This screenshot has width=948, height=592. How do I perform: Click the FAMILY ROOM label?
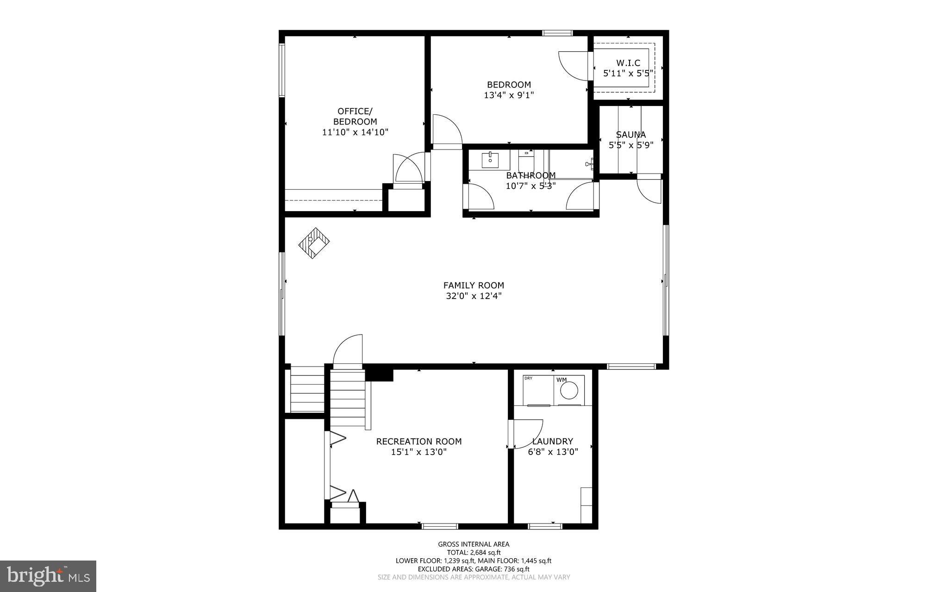(474, 286)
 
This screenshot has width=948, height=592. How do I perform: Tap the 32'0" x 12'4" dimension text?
(474, 296)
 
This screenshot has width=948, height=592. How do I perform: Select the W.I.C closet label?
(628, 63)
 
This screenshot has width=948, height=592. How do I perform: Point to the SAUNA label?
(630, 135)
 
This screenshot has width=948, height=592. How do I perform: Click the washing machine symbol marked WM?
(569, 390)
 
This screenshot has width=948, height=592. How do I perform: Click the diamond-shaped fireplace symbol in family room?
(314, 243)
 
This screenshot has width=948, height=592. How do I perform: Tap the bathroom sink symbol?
(490, 160)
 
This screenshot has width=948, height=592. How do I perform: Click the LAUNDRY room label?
(553, 442)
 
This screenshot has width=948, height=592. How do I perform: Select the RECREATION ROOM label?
(418, 442)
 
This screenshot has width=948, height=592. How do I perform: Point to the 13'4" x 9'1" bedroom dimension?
(509, 95)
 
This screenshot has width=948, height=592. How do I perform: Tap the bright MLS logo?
(48, 576)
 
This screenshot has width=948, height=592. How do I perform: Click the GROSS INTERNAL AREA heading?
(474, 544)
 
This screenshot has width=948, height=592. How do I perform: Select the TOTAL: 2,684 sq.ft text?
(474, 552)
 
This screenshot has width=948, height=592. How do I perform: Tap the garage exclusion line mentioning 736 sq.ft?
(474, 569)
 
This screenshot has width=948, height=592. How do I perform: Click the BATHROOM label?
(530, 175)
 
